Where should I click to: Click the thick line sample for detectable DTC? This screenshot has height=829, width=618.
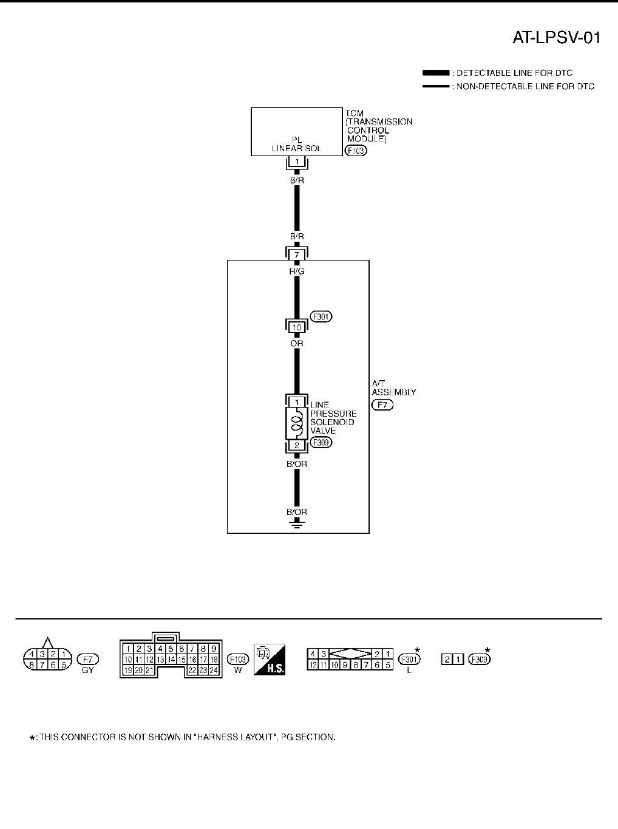[435, 73]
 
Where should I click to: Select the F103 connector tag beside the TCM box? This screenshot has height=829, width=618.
[356, 150]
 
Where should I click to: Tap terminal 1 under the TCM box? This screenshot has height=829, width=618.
[297, 162]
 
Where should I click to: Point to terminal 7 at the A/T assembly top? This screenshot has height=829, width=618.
[297, 254]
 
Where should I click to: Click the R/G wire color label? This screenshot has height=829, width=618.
[297, 271]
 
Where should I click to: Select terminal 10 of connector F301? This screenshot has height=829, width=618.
[297, 327]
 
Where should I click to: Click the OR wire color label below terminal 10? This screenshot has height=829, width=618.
[297, 344]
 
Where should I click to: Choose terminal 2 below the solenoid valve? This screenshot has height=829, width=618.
[297, 445]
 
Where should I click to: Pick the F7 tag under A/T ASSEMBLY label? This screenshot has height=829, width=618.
[382, 404]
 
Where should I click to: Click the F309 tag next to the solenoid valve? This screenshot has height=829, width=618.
[321, 443]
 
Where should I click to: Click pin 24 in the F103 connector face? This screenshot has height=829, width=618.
[214, 670]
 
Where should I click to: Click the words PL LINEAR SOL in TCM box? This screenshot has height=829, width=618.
[297, 144]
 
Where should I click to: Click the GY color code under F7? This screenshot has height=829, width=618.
[87, 670]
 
